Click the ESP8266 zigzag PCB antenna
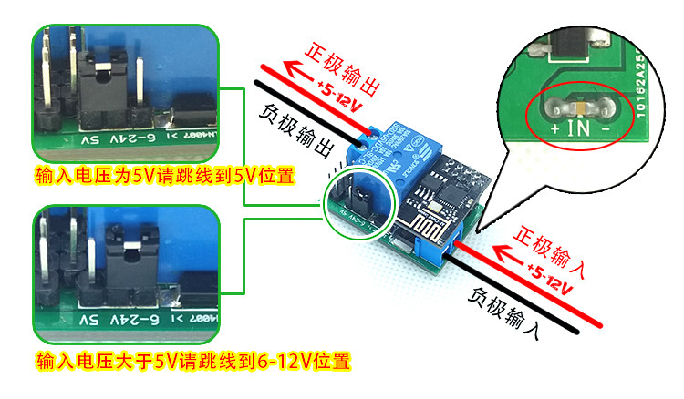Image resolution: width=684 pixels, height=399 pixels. pos(430,228)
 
